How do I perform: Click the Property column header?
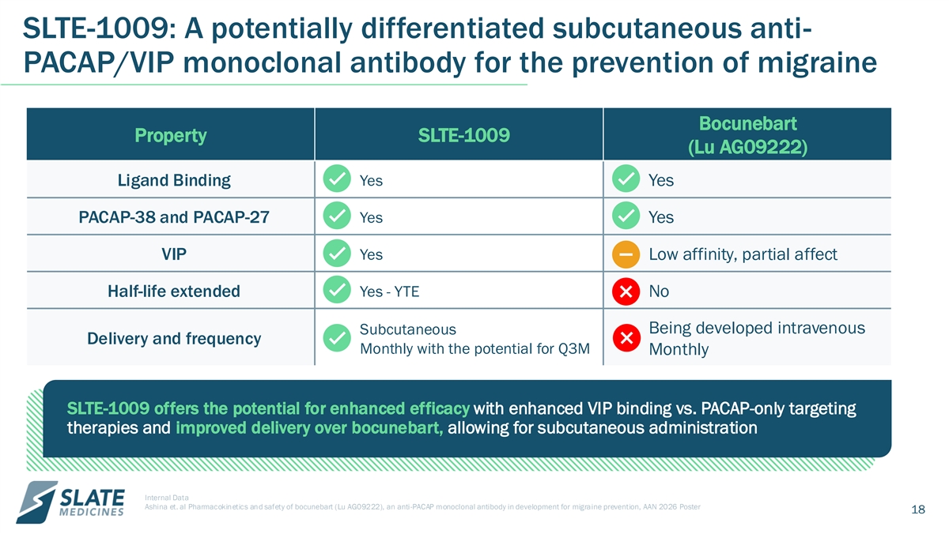coord(170,135)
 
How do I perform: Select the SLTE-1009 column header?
coord(463,135)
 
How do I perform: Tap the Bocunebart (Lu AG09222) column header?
coord(748,135)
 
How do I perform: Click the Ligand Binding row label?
coord(174,180)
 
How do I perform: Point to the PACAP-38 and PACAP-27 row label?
coord(174,217)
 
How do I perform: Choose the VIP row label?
coord(174,254)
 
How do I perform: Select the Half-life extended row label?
coord(174,291)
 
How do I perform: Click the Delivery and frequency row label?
coord(174,339)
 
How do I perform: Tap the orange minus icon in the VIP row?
coord(626,254)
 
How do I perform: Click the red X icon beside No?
coord(626,291)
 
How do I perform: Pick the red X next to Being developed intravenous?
coord(626,337)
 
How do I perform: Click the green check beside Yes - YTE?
coord(337,290)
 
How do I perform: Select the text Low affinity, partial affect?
coord(743,254)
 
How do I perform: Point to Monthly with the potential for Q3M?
coord(475,348)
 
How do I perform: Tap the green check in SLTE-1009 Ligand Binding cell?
coord(337,179)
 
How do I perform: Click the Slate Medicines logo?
coord(70,502)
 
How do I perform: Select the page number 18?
coord(918,510)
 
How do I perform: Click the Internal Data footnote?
coord(167,498)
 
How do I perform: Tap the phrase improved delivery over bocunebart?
coord(309,428)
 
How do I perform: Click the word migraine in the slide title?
coord(817,62)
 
